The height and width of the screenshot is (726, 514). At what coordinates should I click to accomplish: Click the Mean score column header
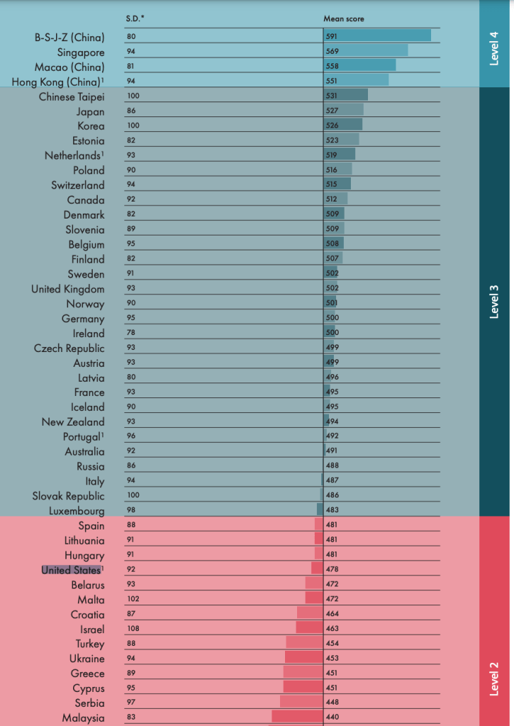pyautogui.click(x=344, y=18)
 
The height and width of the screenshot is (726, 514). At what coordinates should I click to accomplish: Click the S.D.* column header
pyautogui.click(x=135, y=18)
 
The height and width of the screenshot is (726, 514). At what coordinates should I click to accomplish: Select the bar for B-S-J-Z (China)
pyautogui.click(x=377, y=35)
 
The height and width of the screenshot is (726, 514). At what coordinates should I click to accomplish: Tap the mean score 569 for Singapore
pyautogui.click(x=332, y=51)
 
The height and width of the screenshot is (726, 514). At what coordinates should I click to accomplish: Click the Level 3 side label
pyautogui.click(x=495, y=301)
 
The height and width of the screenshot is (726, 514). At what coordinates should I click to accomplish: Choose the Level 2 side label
pyautogui.click(x=495, y=678)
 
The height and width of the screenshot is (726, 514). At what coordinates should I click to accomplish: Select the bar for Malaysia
pyautogui.click(x=297, y=717)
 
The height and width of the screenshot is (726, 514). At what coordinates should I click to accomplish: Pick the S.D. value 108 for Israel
pyautogui.click(x=133, y=629)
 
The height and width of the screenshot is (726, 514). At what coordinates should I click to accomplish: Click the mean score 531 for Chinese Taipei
pyautogui.click(x=332, y=96)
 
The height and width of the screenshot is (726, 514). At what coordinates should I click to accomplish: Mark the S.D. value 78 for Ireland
pyautogui.click(x=131, y=333)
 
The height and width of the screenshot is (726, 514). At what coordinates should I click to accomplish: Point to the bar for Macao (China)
pyautogui.click(x=359, y=65)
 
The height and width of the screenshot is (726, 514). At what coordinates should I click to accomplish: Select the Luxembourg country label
pyautogui.click(x=77, y=511)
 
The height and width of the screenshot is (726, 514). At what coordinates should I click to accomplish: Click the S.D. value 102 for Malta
pyautogui.click(x=133, y=599)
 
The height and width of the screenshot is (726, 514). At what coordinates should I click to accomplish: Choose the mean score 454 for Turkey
pyautogui.click(x=332, y=644)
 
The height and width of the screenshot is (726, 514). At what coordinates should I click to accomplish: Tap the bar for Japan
pyautogui.click(x=344, y=110)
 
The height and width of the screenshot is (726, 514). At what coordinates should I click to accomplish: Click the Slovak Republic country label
pyautogui.click(x=68, y=496)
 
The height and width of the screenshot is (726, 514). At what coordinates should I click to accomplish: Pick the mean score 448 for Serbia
pyautogui.click(x=332, y=703)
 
